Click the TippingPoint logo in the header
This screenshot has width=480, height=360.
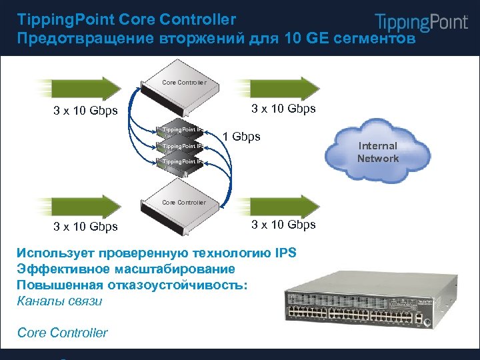pos(421,22)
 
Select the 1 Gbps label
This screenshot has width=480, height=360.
pos(241,137)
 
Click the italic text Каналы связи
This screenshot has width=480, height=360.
pos(59,301)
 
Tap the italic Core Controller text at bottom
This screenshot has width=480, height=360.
pos(62,333)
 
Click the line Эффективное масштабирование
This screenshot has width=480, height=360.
pos(125,269)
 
